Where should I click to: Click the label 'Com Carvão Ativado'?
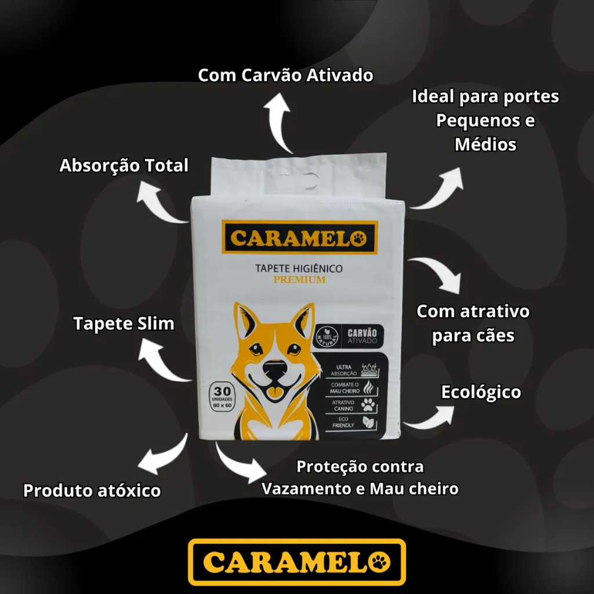(285, 76)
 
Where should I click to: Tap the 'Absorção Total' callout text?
(124, 166)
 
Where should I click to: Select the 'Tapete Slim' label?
(124, 324)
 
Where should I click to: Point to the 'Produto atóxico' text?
(92, 491)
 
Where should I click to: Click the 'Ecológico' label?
(481, 393)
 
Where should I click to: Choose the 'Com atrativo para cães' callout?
(473, 323)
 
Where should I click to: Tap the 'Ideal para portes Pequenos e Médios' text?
(485, 120)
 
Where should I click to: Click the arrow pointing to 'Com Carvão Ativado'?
(281, 122)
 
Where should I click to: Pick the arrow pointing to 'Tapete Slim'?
(162, 360)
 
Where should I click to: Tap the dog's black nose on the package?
(275, 367)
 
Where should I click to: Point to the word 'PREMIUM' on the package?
(299, 280)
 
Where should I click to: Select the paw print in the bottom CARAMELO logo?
(381, 562)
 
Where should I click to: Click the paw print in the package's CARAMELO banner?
(359, 238)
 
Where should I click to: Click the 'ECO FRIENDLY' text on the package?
(343, 422)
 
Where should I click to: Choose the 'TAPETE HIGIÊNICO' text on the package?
(299, 269)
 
